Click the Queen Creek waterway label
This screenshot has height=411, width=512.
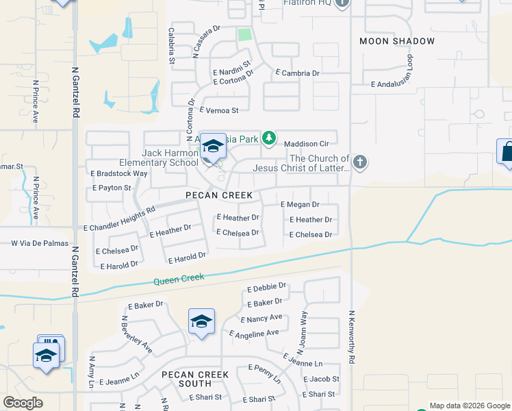pos(179,279)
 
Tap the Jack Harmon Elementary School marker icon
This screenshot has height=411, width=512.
pos(213,147)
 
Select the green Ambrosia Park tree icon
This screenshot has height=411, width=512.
pos(270,138)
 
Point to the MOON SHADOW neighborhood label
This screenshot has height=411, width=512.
pos(397,41)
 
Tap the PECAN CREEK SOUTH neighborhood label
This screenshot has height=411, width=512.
pos(195,379)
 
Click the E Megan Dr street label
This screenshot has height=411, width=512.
pos(300,204)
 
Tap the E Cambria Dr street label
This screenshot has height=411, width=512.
pos(298,73)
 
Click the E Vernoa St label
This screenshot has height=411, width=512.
pos(218,110)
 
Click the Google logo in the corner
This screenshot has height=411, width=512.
pos(23,403)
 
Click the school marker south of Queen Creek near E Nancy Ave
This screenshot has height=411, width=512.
pos(201,321)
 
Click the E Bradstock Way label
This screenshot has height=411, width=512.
pos(119,173)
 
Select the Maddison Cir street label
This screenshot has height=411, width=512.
pos(307,144)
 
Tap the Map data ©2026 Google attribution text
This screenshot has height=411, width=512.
pos(468,406)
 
